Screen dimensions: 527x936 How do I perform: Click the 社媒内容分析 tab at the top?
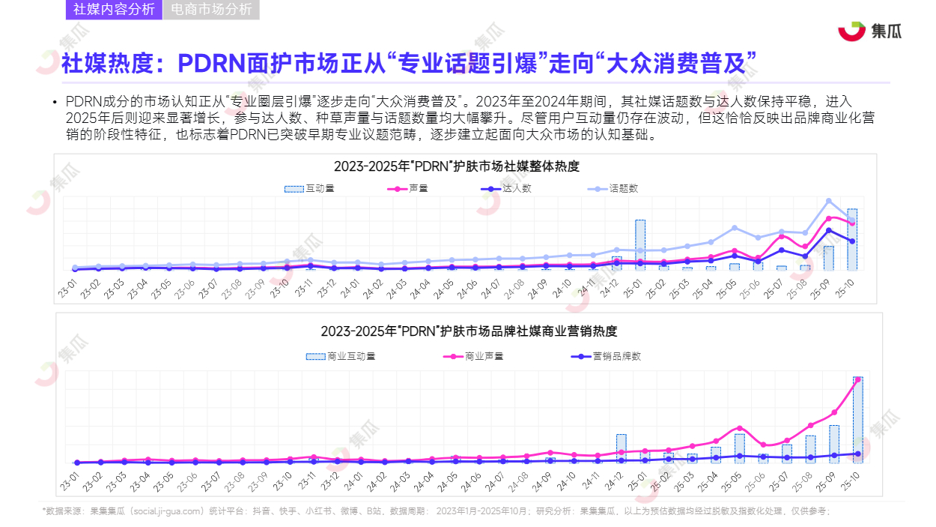tap(114, 10)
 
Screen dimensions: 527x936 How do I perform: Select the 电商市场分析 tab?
tap(211, 10)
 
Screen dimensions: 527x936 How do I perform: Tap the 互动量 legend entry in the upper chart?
tap(310, 189)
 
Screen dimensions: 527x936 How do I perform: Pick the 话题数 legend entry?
tap(613, 189)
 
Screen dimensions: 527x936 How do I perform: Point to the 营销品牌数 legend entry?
tap(607, 357)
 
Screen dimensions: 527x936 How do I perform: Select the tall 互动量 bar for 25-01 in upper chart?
tap(640, 244)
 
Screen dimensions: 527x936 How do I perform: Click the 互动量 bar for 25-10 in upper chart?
tap(852, 239)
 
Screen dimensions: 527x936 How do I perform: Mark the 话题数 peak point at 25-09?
tap(829, 201)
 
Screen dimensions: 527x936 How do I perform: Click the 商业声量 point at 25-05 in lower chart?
tap(740, 428)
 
